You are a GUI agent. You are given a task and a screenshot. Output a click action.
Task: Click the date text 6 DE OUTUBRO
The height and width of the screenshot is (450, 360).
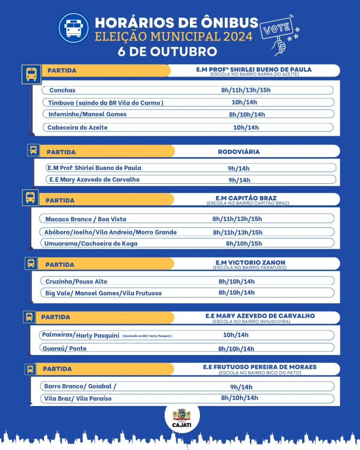coord(167,51)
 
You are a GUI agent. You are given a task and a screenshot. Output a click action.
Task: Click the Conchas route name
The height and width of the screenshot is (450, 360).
coord(62,90)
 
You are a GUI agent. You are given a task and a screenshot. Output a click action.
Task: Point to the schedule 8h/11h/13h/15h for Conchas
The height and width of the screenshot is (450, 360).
coord(246,90)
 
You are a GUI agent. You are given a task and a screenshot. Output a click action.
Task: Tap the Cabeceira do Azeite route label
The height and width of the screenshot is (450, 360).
coord(77,127)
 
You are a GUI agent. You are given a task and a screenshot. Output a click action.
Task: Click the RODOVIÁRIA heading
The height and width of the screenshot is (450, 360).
coord(239,152)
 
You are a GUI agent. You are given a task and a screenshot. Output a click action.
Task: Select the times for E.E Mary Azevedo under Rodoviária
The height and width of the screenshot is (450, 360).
coord(239,180)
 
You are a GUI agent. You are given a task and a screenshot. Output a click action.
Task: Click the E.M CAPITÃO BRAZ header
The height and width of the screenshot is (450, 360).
coord(246,198)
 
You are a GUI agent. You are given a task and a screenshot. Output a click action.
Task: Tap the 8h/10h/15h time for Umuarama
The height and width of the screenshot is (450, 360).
coord(244,243)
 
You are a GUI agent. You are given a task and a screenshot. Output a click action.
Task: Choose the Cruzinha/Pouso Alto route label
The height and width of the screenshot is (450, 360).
coord(76,281)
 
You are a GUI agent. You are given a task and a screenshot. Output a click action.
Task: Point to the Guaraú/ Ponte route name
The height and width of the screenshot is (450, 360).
coord(65,348)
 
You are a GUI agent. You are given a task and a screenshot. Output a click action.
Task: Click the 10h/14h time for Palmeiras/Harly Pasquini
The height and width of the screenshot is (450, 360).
coord(236,335)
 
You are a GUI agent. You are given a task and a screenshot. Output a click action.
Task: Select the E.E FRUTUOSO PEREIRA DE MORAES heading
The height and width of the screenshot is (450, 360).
coord(259,367)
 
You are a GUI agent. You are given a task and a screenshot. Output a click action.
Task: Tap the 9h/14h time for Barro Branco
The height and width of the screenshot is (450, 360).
coord(241,387)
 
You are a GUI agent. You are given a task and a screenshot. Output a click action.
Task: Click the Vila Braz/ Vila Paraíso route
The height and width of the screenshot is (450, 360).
coord(78,399)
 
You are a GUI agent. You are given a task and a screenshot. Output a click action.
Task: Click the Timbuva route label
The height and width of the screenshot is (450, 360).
coord(106,103)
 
